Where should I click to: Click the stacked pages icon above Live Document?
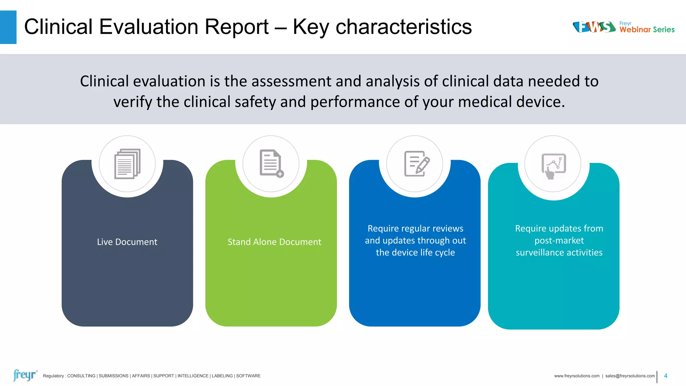tap(127, 164)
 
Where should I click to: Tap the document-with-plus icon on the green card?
tap(271, 164)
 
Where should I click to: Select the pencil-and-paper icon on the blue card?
tap(416, 164)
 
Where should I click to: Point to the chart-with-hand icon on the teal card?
tap(553, 166)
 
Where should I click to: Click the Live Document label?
tap(127, 242)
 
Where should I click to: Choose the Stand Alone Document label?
tap(274, 242)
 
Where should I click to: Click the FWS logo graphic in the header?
tap(594, 27)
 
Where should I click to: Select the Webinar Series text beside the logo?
tap(647, 29)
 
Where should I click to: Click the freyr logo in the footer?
tap(24, 375)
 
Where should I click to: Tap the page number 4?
tap(666, 376)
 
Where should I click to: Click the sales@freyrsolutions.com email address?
tap(630, 376)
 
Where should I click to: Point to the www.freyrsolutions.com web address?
tap(576, 376)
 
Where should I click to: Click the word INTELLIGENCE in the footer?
tap(193, 376)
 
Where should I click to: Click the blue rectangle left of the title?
tap(8, 27)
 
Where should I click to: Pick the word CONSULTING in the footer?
tap(81, 376)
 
